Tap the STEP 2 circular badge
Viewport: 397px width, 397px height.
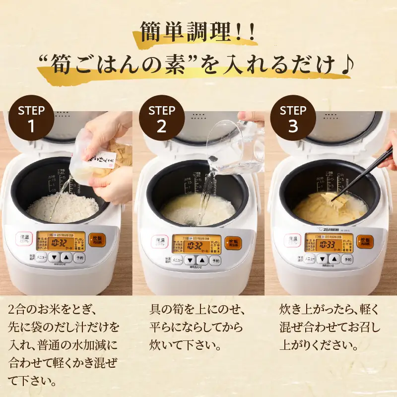162,118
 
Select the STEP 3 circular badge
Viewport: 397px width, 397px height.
293,118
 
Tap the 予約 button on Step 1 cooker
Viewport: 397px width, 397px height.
79,258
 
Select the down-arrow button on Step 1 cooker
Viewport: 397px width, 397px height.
55,258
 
